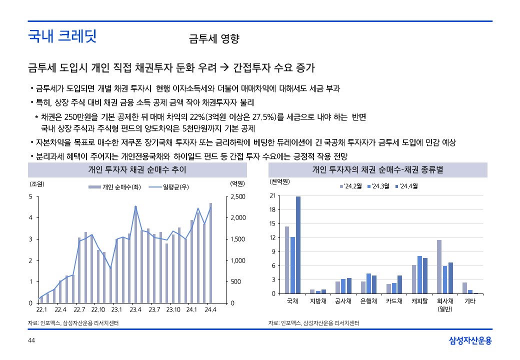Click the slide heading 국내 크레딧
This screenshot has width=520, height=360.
pyautogui.click(x=62, y=36)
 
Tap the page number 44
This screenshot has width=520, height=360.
pyautogui.click(x=31, y=340)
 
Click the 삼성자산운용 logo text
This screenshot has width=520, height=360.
pyautogui.click(x=470, y=340)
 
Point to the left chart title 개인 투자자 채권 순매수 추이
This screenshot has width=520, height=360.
pyautogui.click(x=137, y=170)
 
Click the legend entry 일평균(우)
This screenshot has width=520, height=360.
pyautogui.click(x=171, y=187)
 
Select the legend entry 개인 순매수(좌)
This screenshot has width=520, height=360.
pyautogui.click(x=114, y=187)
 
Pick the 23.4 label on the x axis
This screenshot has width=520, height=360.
pyautogui.click(x=135, y=309)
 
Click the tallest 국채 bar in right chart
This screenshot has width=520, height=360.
pyautogui.click(x=298, y=245)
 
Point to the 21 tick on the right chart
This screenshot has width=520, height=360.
pyautogui.click(x=272, y=195)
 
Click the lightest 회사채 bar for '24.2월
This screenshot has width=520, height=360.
pyautogui.click(x=439, y=266)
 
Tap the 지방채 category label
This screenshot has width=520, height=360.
pyautogui.click(x=318, y=301)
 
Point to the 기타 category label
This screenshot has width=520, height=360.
pyautogui.click(x=470, y=301)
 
